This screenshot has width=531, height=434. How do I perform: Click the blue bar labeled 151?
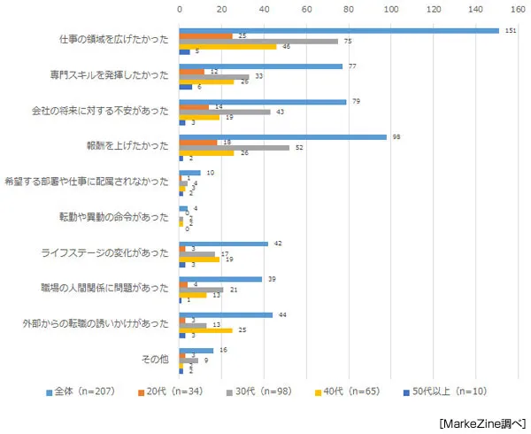(336, 30)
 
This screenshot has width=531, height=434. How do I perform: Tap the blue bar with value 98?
(282, 137)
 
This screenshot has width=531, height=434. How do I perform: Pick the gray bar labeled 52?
(234, 147)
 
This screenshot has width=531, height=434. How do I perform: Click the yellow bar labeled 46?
(227, 46)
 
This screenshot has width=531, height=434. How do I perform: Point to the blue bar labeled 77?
(260, 66)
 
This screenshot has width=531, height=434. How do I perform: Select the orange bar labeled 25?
(205, 35)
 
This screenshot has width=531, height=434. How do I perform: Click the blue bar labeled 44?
(226, 314)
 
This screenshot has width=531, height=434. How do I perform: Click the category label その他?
(155, 360)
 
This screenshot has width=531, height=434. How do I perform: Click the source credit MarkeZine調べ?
(481, 422)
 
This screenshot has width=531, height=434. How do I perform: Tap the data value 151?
(510, 30)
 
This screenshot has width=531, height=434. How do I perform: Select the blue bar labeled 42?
(223, 244)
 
